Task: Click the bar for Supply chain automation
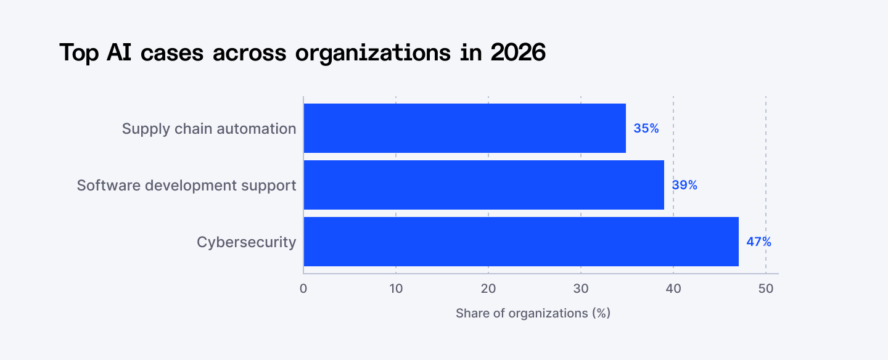pyautogui.click(x=464, y=128)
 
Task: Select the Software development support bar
pyautogui.click(x=483, y=185)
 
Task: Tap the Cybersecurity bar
pyautogui.click(x=520, y=242)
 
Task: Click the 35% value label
pyautogui.click(x=646, y=128)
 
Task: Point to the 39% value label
pyautogui.click(x=684, y=185)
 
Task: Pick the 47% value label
pyautogui.click(x=758, y=242)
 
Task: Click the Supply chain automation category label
pyautogui.click(x=209, y=128)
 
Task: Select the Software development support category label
pyautogui.click(x=186, y=185)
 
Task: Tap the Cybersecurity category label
pyautogui.click(x=246, y=242)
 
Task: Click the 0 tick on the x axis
pyautogui.click(x=303, y=288)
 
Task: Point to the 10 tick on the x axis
pyautogui.click(x=396, y=288)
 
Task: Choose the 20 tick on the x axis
pyautogui.click(x=488, y=288)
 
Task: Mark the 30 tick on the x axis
pyautogui.click(x=581, y=288)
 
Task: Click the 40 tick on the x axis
pyautogui.click(x=673, y=288)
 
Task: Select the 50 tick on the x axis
pyautogui.click(x=766, y=288)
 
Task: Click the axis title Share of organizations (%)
pyautogui.click(x=533, y=313)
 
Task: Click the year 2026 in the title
pyautogui.click(x=518, y=53)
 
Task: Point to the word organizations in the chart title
pyautogui.click(x=372, y=53)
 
